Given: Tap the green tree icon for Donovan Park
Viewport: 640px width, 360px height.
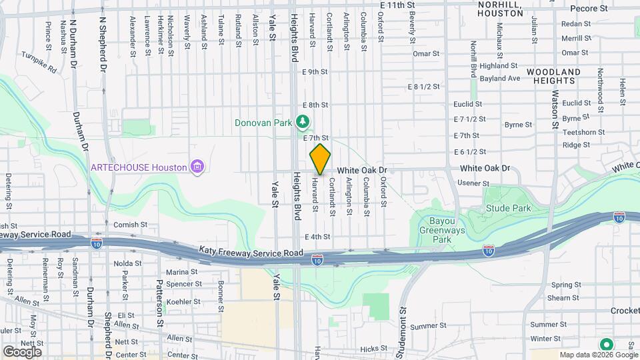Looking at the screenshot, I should coord(303,121).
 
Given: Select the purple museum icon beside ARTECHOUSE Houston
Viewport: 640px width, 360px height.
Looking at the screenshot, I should coord(196,166).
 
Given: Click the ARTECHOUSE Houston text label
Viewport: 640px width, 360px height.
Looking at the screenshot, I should coord(139,167).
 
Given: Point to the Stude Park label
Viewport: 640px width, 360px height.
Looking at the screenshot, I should coord(509,209).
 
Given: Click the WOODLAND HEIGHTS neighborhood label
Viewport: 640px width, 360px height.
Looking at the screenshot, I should coord(550,75).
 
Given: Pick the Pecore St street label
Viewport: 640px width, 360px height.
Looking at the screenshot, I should coord(589,9).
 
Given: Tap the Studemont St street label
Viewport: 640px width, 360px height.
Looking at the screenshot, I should coord(403,327).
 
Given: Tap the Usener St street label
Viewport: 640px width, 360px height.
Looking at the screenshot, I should coord(475,183).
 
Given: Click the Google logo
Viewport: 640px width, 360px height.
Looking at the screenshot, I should coord(21,351).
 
